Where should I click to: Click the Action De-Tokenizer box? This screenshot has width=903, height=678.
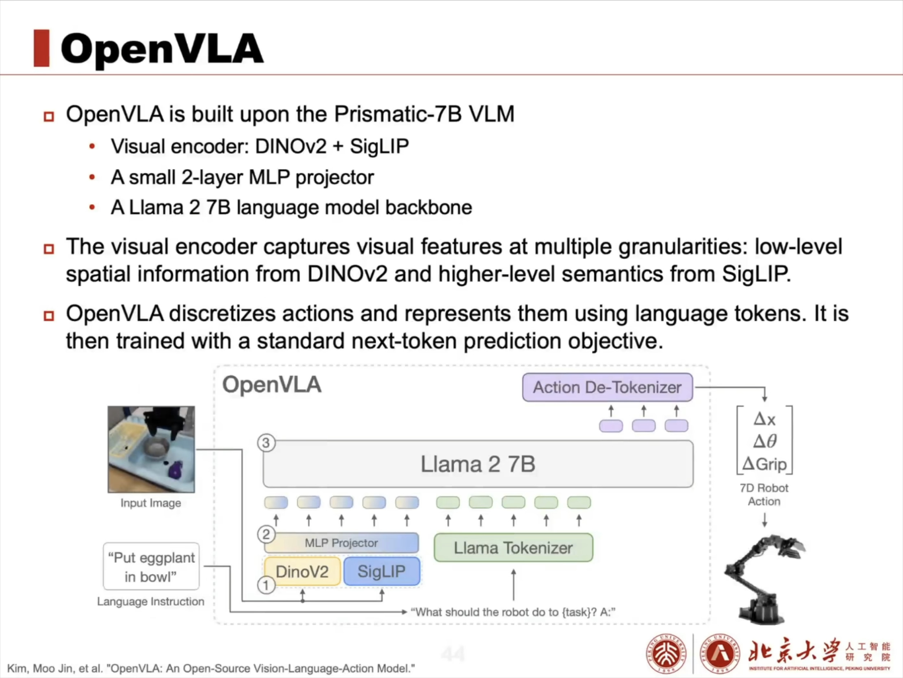click(607, 387)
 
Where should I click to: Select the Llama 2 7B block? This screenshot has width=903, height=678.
click(477, 464)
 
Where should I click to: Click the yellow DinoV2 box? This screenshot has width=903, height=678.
click(302, 572)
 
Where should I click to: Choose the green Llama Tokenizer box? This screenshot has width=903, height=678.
click(513, 548)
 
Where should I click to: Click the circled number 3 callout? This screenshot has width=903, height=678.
click(266, 443)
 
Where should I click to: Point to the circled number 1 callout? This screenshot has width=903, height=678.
click(266, 585)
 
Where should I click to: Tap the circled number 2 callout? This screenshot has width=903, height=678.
click(266, 534)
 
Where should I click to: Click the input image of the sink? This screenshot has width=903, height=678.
click(151, 449)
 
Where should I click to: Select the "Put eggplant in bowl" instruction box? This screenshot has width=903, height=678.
click(152, 567)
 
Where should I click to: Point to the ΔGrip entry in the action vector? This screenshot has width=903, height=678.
click(764, 464)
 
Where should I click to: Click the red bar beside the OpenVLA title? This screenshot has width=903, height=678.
click(41, 48)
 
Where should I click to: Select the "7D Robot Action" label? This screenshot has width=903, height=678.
click(764, 494)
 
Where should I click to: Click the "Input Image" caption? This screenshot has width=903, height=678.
click(150, 503)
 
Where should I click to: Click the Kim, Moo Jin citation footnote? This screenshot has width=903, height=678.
click(211, 669)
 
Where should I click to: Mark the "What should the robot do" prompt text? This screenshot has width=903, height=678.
click(513, 612)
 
